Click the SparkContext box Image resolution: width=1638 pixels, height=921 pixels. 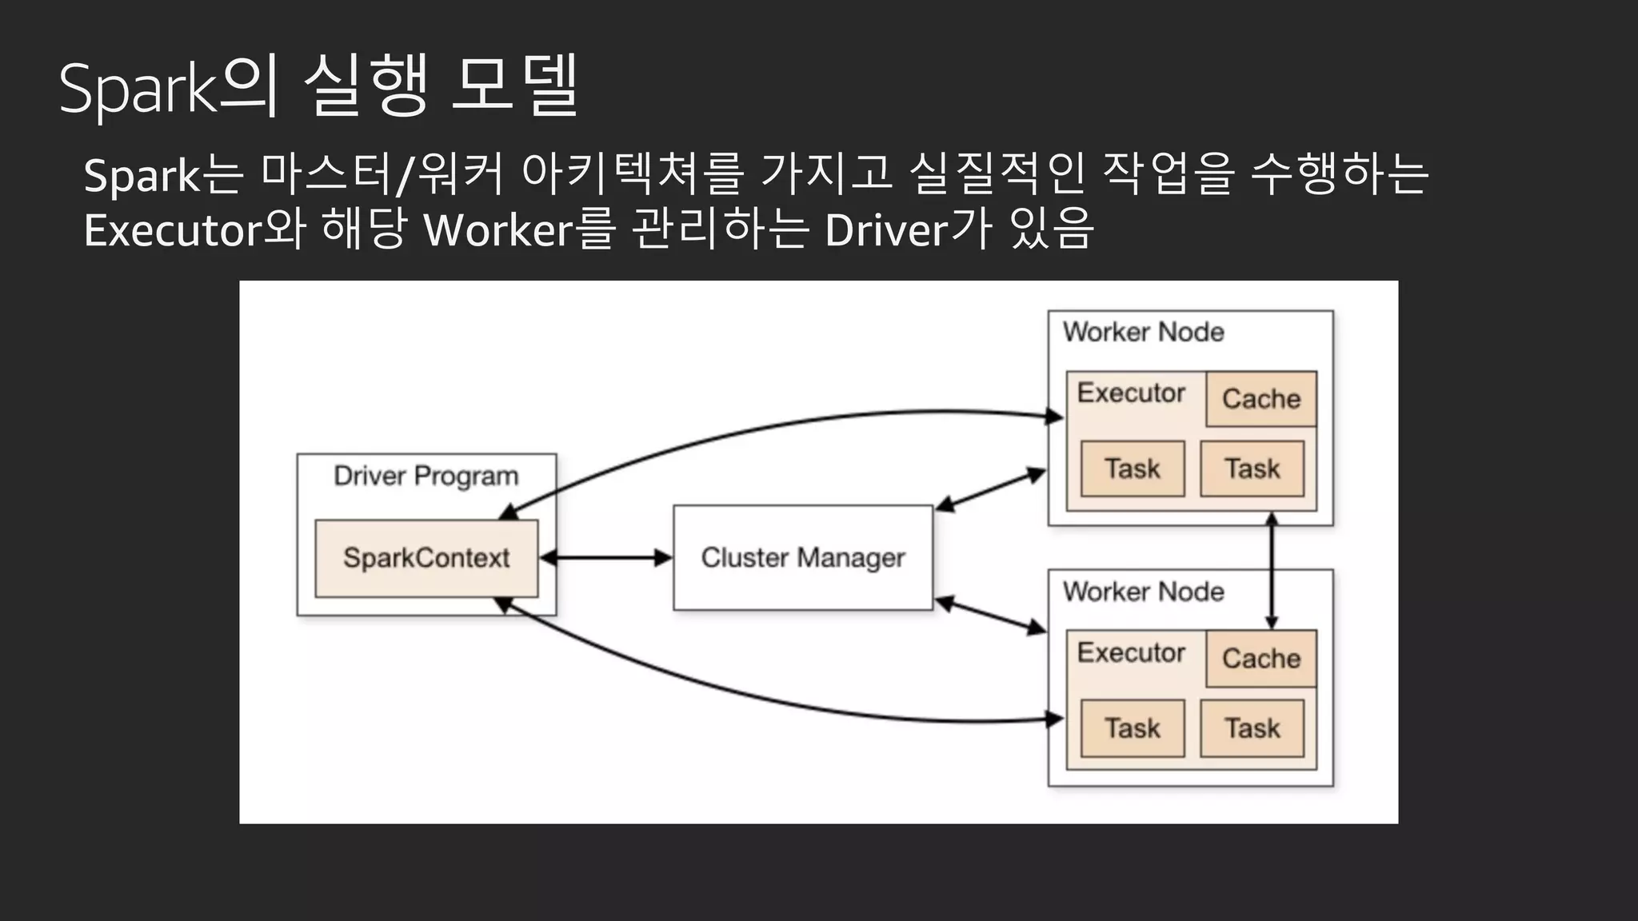(x=426, y=558)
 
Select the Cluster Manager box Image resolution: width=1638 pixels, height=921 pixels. (x=803, y=558)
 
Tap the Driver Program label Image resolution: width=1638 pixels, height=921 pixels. (x=425, y=476)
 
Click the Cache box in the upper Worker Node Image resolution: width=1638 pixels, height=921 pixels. (x=1260, y=399)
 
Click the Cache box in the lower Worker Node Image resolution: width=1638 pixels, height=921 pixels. (x=1260, y=659)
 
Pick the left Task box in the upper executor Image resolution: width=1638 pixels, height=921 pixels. (x=1132, y=468)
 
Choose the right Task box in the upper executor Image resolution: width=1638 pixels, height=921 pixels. (x=1252, y=468)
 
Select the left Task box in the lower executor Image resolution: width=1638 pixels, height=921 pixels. (x=1132, y=728)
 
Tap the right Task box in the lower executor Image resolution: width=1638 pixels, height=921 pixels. (x=1252, y=728)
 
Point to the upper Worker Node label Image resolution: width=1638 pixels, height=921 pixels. (x=1143, y=332)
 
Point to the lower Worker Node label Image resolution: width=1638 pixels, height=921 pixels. (x=1143, y=592)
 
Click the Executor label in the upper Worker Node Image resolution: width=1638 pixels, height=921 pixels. (x=1131, y=393)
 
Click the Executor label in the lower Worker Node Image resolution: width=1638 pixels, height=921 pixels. (x=1131, y=652)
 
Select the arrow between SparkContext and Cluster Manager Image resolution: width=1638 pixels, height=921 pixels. (x=606, y=557)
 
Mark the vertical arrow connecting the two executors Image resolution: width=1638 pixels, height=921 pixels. (x=1272, y=572)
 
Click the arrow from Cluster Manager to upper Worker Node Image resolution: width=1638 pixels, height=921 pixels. (x=990, y=489)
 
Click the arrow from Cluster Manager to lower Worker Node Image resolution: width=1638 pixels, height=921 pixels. (x=990, y=616)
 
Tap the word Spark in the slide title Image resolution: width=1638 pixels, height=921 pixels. (x=138, y=88)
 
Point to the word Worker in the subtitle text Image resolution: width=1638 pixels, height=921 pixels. (x=498, y=230)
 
